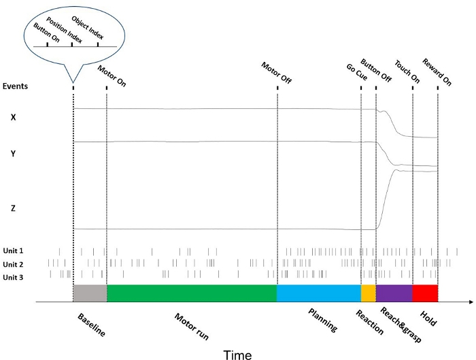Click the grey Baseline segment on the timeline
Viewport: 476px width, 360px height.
click(90, 293)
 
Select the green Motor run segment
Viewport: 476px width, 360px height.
click(192, 293)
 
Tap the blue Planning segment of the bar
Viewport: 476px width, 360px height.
click(318, 293)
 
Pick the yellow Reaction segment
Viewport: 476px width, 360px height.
click(368, 293)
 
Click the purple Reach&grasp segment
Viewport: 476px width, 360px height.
click(394, 293)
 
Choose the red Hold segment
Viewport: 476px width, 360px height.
click(425, 293)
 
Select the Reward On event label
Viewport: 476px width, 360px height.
click(437, 72)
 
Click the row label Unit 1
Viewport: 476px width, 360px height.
click(13, 251)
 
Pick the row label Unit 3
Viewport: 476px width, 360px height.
click(13, 277)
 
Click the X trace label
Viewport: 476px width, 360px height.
click(13, 117)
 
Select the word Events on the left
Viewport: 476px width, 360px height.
click(16, 86)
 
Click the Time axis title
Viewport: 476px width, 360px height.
click(237, 355)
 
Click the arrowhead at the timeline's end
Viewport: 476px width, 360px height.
click(470, 301)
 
